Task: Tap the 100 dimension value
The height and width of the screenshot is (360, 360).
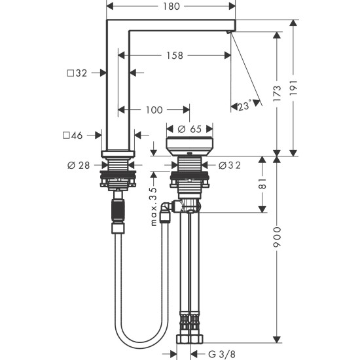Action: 154,110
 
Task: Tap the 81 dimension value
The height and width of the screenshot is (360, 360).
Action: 262,184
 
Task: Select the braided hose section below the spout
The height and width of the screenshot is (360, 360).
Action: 118,212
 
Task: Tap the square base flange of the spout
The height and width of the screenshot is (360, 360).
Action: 118,154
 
